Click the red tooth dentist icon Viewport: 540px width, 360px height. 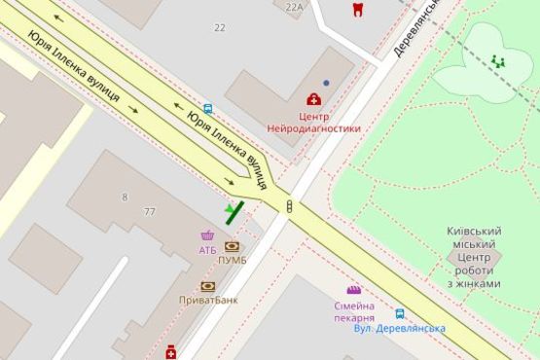357,9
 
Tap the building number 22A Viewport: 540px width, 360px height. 295,6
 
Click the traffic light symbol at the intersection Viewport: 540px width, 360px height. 289,205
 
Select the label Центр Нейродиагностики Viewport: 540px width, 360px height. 314,121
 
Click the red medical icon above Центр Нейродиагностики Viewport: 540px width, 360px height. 313,98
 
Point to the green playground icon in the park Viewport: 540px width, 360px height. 498,60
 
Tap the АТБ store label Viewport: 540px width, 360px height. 207,250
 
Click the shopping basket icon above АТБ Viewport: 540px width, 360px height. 207,235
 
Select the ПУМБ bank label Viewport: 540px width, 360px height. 232,260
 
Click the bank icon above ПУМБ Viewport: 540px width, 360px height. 232,246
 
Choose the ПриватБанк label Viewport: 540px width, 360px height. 208,300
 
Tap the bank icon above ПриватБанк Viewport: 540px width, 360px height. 207,286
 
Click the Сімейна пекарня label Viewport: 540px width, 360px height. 353,310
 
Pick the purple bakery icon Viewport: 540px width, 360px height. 353,290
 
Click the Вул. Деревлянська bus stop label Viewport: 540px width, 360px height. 400,328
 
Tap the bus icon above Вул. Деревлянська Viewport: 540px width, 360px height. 400,314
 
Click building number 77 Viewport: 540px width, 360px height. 149,211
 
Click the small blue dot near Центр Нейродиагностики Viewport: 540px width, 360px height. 326,83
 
